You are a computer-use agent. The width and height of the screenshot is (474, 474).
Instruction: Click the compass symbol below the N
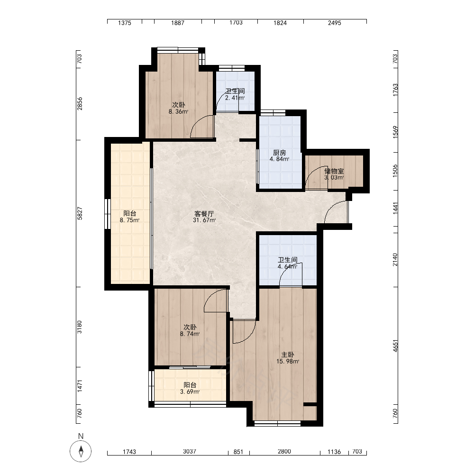(81, 451)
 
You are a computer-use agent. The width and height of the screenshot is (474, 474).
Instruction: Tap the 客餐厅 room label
(204, 214)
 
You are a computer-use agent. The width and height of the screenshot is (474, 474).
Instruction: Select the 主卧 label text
(288, 355)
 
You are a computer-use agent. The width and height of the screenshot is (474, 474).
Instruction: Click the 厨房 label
(279, 153)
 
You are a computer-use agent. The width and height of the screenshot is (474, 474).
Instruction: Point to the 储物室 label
(334, 171)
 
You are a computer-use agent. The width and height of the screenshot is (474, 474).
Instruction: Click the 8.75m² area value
(129, 220)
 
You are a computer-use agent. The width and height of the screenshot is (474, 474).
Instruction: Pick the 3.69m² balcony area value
(190, 392)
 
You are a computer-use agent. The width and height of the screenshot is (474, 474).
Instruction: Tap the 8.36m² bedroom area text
(178, 111)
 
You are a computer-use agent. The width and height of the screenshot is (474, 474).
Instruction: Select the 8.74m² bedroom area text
(190, 334)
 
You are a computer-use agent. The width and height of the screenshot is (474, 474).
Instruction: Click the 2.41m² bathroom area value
(235, 98)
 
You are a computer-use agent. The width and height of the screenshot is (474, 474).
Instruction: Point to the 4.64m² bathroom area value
(288, 266)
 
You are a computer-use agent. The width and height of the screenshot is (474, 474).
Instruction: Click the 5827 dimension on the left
(80, 213)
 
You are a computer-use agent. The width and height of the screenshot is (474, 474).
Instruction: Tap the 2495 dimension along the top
(335, 23)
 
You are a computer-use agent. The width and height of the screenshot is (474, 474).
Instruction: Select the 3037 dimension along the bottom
(190, 451)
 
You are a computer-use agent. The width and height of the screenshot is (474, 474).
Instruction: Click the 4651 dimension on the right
(395, 346)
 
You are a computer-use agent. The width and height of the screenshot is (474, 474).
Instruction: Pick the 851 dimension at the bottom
(238, 452)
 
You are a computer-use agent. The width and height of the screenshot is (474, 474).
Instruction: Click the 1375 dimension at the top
(125, 23)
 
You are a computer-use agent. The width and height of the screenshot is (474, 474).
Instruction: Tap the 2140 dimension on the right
(395, 260)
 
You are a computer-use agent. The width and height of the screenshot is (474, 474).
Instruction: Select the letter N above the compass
(81, 436)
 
